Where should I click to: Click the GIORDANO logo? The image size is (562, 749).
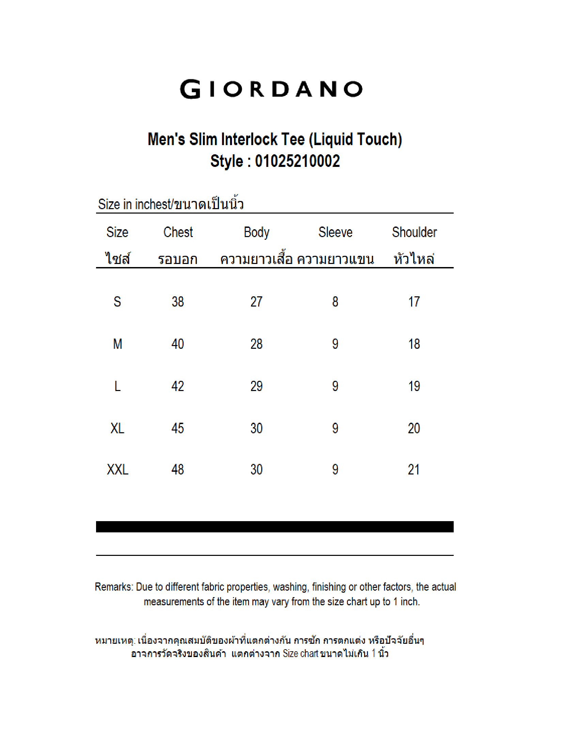tap(271, 89)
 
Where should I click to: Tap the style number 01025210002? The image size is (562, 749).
tap(297, 161)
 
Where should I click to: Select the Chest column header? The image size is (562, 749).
tap(178, 232)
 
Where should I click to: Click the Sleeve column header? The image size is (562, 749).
tap(335, 232)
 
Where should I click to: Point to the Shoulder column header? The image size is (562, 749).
tap(414, 232)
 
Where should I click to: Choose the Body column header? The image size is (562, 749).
tap(256, 233)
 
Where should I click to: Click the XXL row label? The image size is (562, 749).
tap(118, 470)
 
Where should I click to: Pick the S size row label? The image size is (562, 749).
tap(117, 302)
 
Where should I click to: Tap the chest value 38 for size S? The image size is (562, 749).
tap(178, 302)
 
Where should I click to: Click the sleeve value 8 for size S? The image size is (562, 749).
tap(335, 302)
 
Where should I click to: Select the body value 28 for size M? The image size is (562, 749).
tap(256, 344)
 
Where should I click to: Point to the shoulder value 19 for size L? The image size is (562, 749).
tap(414, 386)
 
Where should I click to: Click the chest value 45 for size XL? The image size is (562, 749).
tap(178, 428)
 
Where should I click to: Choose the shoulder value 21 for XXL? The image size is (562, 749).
tap(414, 470)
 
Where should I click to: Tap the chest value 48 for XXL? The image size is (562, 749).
tap(178, 470)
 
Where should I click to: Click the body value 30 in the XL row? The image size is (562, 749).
tap(256, 428)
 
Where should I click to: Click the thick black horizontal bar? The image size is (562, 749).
tap(275, 527)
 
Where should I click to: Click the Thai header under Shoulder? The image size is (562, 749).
tap(414, 259)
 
